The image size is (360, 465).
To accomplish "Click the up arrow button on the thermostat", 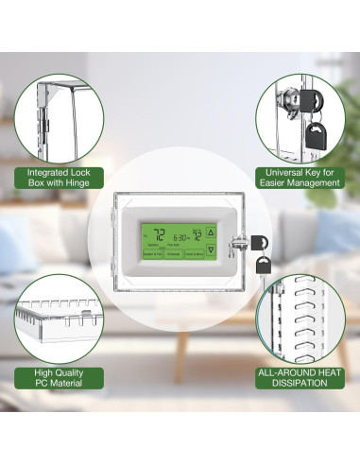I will (x=211, y=231).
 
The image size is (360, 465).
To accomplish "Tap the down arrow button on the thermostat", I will (x=211, y=250).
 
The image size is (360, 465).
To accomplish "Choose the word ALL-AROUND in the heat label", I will (x=279, y=372).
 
